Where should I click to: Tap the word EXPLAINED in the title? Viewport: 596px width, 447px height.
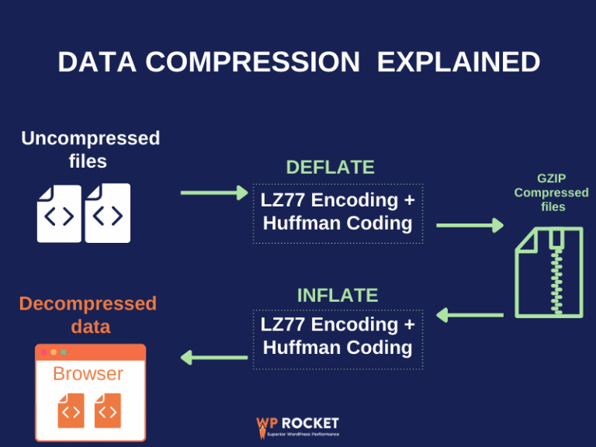coord(459,62)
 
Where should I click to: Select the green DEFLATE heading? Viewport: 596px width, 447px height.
coord(330,167)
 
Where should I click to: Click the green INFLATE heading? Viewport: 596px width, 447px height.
coord(338,295)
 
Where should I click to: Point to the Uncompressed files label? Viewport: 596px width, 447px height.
coord(90,150)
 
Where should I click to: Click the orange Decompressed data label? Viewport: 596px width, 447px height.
coord(88,314)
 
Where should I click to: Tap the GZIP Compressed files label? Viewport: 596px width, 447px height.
coord(551,192)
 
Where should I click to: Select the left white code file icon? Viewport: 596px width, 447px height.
coord(59,213)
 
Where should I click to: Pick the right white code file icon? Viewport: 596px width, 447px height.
coord(108,213)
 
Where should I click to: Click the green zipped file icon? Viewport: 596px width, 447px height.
coord(549,272)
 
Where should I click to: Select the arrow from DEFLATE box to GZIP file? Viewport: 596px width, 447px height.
coord(470,226)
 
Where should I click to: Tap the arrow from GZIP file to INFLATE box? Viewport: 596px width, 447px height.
coord(470,315)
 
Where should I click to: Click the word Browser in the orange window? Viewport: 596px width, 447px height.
coord(88,373)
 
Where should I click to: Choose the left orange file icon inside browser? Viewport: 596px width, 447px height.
coord(71,411)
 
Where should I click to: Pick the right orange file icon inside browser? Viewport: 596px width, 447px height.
coord(108,411)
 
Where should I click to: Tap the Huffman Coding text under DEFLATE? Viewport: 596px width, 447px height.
coord(338,223)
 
